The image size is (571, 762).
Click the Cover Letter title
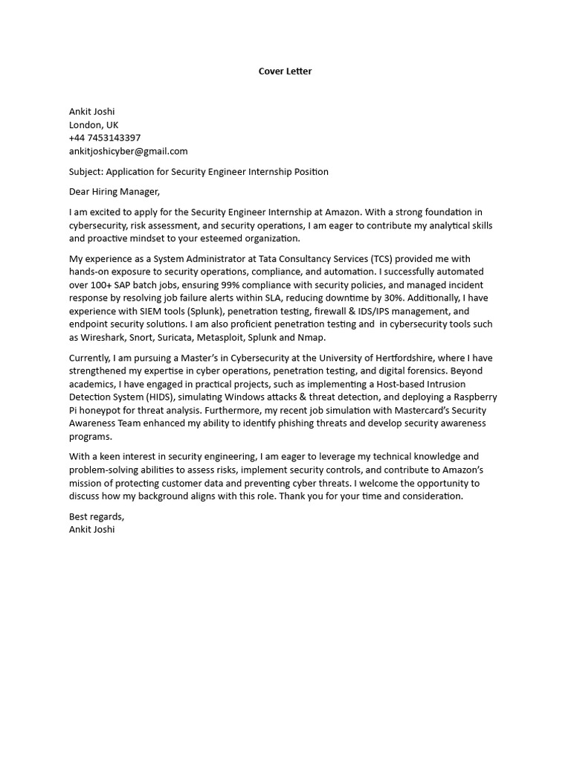coord(285,71)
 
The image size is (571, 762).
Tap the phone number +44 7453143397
coord(105,138)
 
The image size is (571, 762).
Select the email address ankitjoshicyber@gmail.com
coord(129,151)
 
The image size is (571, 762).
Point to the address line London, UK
coord(94,125)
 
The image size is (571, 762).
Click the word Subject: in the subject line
coord(86,171)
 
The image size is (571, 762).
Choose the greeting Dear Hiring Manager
coord(114,192)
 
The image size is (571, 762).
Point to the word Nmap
coord(311,338)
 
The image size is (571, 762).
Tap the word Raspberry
coord(472,397)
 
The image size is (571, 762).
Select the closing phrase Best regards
coord(97,516)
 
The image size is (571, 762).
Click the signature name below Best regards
coord(92,530)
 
